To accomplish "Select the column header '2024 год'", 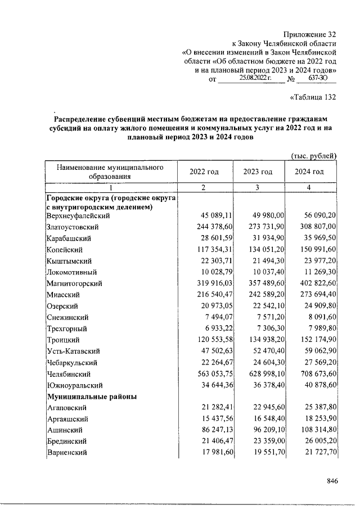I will point(309,172).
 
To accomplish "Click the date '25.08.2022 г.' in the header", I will point(255,79).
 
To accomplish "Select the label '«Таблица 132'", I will point(312,97).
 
